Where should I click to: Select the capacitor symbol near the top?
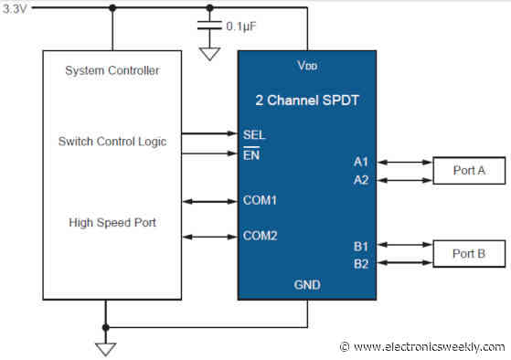[x=209, y=26]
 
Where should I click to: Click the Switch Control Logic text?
[x=113, y=141]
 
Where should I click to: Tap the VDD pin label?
[x=307, y=67]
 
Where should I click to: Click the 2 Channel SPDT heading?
[x=307, y=98]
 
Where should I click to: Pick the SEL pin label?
[x=254, y=134]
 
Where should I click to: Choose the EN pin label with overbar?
[x=251, y=154]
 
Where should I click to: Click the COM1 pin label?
[x=261, y=199]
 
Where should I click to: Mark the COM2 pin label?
[x=261, y=235]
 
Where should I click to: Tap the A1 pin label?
[x=361, y=162]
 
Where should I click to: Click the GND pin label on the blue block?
[x=307, y=284]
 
